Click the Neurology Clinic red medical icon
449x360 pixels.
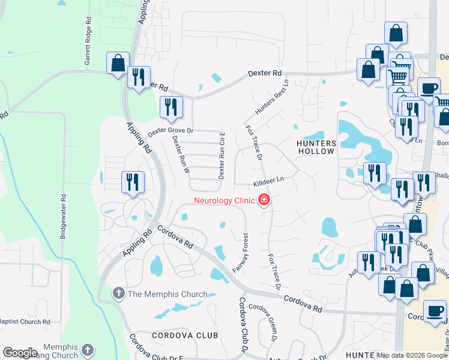[263, 200]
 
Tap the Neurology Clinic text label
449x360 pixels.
[224, 200]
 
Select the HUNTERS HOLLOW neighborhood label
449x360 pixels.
[316, 147]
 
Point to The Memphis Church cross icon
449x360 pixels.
[119, 294]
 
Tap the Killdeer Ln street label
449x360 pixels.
[268, 180]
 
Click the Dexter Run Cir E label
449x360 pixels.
[221, 155]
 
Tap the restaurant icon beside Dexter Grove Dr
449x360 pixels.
[172, 107]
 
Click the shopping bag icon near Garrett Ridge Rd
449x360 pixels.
[118, 62]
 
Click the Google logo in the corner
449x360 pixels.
[20, 353]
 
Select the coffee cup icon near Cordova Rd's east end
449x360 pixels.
[435, 311]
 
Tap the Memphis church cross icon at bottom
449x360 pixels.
[88, 349]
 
